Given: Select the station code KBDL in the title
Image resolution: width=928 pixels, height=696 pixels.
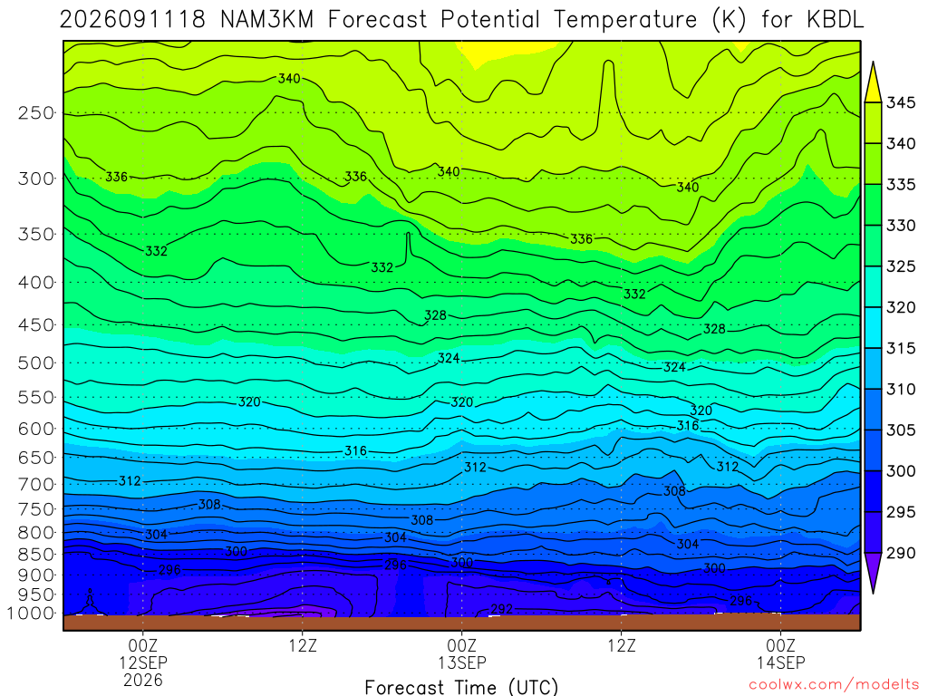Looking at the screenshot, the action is pos(835,20).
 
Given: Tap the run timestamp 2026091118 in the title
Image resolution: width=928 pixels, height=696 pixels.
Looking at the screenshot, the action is pos(132,20).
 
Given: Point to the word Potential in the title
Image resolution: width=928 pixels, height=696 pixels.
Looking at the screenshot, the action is pos(490,20).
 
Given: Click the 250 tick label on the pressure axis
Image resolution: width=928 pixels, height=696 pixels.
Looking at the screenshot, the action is pos(36,112).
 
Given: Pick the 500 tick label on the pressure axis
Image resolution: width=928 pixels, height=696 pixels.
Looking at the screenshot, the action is pos(36,362).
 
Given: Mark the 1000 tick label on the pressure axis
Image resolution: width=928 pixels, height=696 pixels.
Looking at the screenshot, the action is pos(30,614).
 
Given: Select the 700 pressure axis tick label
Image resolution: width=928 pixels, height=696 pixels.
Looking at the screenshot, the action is pos(36,484).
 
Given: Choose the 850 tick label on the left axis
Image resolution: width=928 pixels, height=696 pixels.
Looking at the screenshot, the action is pos(36,555).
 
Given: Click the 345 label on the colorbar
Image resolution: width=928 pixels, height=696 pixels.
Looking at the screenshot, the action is pos(901,102).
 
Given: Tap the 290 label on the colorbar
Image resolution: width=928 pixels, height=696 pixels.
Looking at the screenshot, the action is pos(901,553).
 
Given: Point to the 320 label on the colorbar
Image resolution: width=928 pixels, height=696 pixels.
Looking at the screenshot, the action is pos(901,307).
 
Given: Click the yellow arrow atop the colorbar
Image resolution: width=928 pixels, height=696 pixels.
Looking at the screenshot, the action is pos(873,82).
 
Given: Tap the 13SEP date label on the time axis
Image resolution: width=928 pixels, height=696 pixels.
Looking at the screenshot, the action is pos(461,662).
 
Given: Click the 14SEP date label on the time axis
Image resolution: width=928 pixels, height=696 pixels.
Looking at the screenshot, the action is pos(780,662).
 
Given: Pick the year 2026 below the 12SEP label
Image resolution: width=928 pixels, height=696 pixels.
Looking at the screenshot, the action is pos(143,680).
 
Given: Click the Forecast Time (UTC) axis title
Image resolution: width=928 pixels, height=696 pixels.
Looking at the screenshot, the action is pos(461,687).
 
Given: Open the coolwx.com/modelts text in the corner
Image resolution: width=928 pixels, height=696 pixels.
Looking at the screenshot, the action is pos(834,685).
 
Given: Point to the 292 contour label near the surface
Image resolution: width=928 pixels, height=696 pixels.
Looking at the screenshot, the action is pos(502,609).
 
